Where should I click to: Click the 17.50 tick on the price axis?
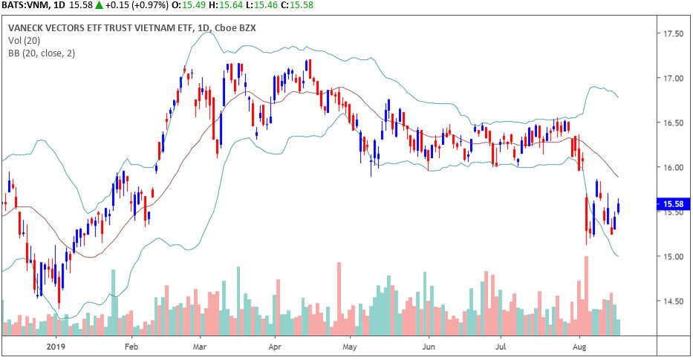coord(673,33)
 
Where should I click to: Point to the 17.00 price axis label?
coord(673,78)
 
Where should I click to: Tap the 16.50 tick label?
coord(673,122)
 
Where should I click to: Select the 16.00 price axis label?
coord(673,167)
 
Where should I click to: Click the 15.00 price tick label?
coord(673,256)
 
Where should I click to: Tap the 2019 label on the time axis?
coord(57,346)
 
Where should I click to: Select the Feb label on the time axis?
coord(131,346)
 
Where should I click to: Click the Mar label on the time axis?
coord(199,346)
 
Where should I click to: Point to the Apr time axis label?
coord(276,346)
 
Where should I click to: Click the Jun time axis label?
coord(428,346)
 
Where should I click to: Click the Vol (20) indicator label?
coord(25,40)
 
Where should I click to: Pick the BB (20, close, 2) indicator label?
coord(42,53)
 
